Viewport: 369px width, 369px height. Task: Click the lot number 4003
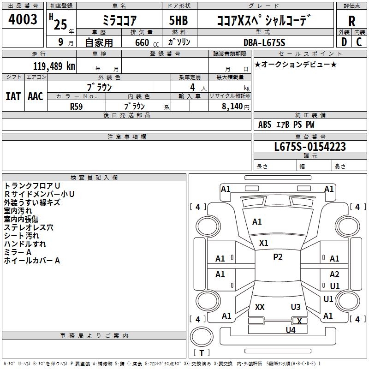point(23,20)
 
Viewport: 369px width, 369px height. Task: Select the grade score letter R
point(351,21)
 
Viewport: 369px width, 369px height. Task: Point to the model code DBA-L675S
point(264,42)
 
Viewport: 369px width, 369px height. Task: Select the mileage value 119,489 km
point(54,66)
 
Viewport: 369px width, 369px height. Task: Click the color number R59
point(77,106)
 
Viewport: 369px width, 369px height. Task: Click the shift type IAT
point(13,96)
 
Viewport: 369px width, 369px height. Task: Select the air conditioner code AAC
point(36,96)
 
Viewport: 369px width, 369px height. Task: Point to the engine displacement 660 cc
point(142,42)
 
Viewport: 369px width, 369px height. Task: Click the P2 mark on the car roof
point(278,257)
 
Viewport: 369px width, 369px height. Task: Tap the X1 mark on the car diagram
point(264,243)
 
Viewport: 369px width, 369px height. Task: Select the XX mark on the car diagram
point(260,307)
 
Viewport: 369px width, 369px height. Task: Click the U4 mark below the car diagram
point(290,330)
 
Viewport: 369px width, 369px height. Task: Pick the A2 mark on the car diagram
point(334,274)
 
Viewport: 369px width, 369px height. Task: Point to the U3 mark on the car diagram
point(296,307)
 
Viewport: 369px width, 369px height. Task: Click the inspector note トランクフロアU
point(32,185)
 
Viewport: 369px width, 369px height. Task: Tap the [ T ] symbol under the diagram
point(201,353)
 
